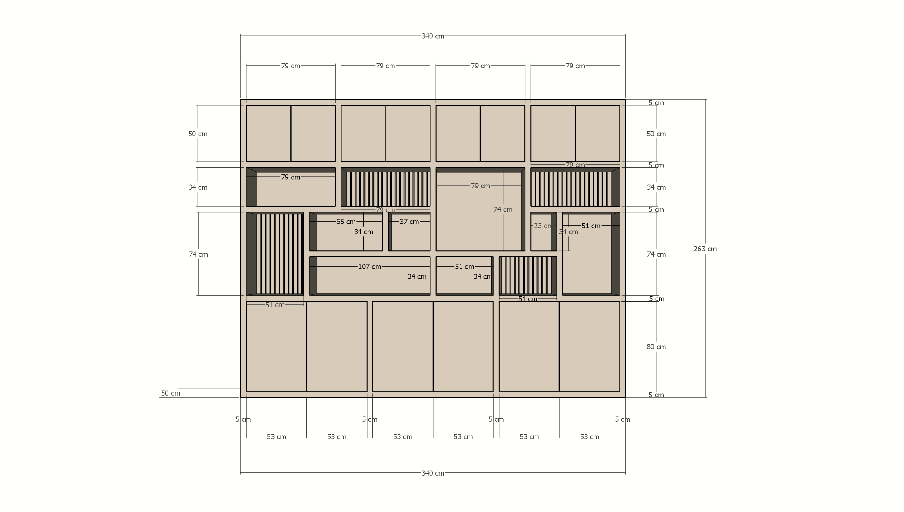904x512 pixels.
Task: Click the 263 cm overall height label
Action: pos(705,249)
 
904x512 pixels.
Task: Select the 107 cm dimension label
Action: pos(369,267)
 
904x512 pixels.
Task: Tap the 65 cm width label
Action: pos(346,222)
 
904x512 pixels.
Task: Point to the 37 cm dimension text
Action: pos(409,222)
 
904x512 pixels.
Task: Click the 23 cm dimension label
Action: pos(542,226)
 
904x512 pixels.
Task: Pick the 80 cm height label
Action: pos(656,347)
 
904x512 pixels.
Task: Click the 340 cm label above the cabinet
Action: pos(433,36)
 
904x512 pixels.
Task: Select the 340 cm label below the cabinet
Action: pos(433,473)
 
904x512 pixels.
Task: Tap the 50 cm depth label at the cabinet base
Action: pos(170,393)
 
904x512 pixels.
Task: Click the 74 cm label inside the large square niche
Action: pos(503,209)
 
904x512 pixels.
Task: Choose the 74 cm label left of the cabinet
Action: pos(198,254)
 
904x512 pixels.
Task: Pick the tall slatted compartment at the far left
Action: pos(275,254)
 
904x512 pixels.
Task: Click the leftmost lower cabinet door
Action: pos(276,346)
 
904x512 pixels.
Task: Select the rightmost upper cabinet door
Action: pos(598,134)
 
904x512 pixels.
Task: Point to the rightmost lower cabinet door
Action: pos(589,346)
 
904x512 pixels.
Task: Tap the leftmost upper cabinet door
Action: pos(268,134)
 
